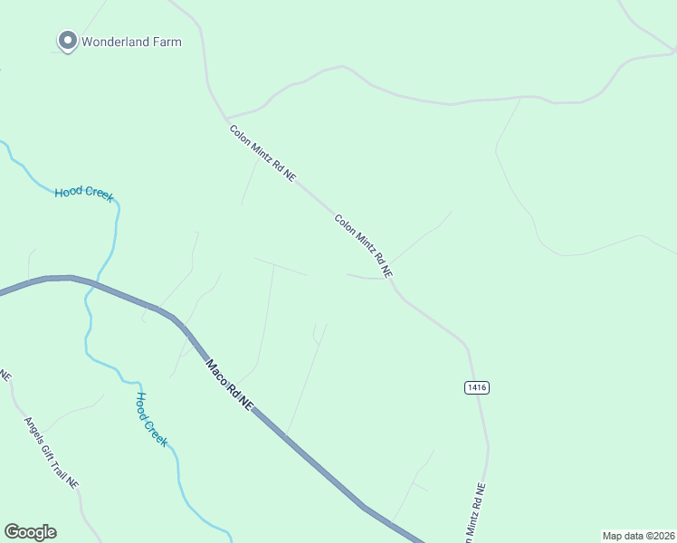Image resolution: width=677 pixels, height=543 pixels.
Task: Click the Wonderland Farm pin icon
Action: point(67,41)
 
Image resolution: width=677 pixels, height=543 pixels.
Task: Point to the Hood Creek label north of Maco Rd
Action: point(84,193)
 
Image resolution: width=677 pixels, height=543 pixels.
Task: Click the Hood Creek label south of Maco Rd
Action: point(151,418)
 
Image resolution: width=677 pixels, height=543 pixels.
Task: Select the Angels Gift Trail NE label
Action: point(52,452)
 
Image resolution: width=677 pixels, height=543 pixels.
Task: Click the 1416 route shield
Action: point(477,387)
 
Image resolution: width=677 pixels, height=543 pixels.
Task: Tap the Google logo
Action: point(30,532)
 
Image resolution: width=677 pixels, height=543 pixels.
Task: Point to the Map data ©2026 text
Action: point(638,536)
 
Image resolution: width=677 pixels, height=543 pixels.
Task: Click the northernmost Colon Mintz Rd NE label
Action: point(262,154)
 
